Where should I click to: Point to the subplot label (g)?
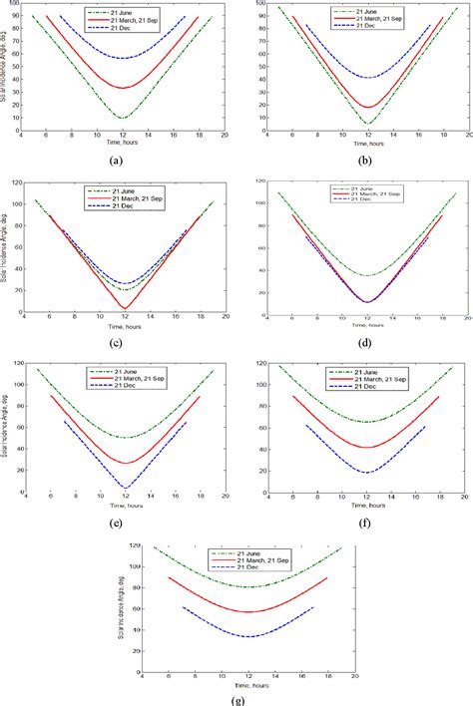236,699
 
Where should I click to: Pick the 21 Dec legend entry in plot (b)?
359,27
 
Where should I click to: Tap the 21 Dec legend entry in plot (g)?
245,568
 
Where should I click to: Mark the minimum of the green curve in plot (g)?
246,586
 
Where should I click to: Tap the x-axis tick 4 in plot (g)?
143,676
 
